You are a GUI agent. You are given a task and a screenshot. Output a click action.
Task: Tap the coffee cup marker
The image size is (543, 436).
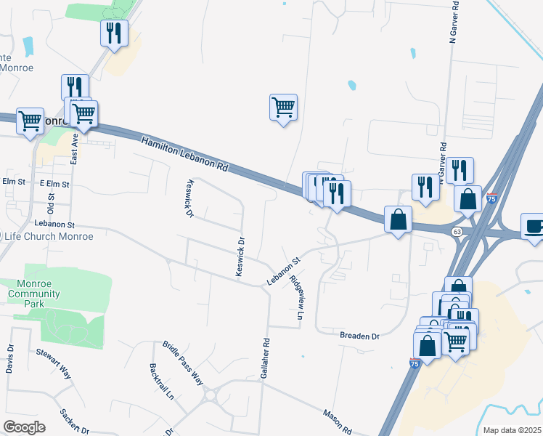(x=533, y=226)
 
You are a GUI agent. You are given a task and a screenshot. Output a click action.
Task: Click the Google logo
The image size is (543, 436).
(x=24, y=427)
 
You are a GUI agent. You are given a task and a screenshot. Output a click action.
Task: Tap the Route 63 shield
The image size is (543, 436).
(x=457, y=232)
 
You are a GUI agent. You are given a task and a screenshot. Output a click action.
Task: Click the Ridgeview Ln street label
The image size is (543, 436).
(x=296, y=298)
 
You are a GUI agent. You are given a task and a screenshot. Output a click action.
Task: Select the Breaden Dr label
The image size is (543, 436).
(x=360, y=336)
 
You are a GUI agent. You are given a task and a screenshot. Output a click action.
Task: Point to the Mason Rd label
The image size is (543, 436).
(x=338, y=420)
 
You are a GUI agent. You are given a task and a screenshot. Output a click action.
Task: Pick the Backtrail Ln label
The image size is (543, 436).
(x=161, y=382)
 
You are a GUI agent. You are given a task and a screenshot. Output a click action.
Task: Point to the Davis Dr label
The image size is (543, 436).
(x=10, y=359)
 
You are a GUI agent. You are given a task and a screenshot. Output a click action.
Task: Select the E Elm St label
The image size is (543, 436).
(x=54, y=185)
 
